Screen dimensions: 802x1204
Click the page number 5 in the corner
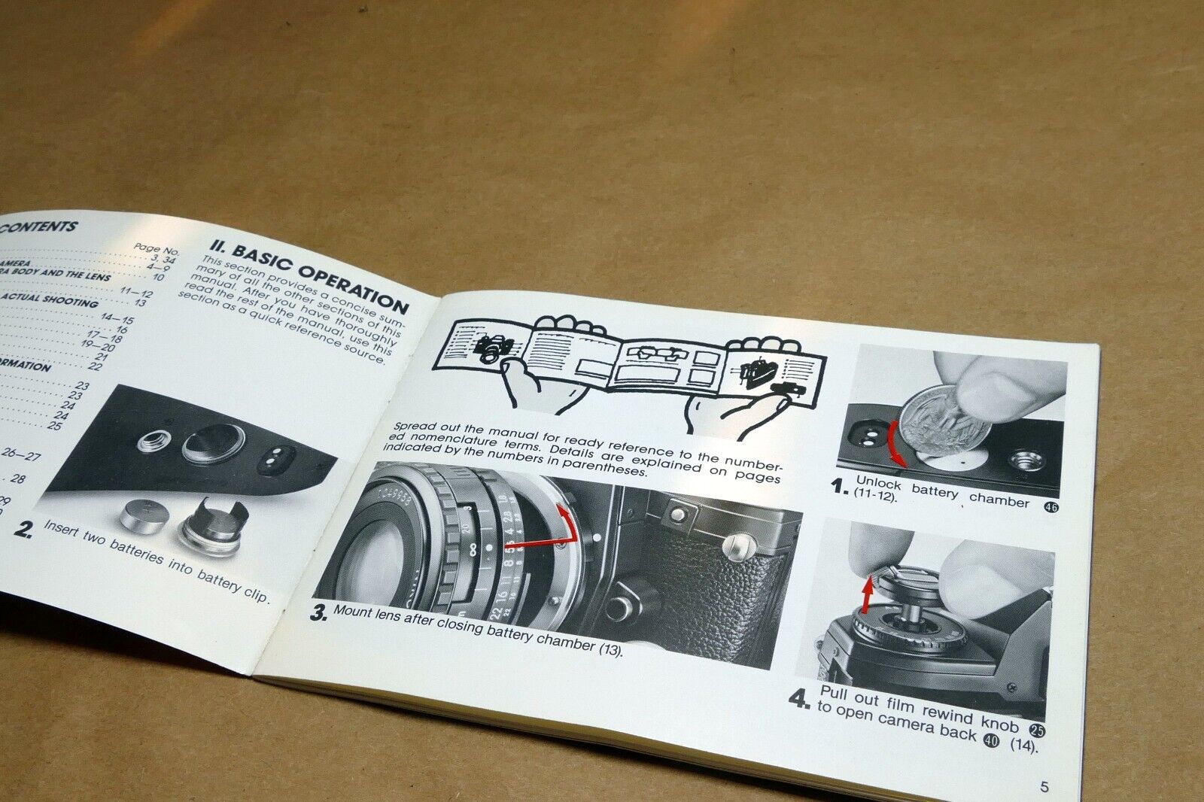click(x=1044, y=788)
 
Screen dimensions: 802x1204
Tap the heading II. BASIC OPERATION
click(x=309, y=278)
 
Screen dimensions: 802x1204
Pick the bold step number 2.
click(x=24, y=529)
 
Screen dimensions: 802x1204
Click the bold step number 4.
click(x=798, y=700)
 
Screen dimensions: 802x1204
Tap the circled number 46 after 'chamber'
click(x=1051, y=507)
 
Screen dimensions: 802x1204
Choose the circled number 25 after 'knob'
click(x=1037, y=729)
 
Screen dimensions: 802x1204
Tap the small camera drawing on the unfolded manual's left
click(x=493, y=350)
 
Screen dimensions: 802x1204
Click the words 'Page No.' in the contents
click(x=157, y=248)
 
